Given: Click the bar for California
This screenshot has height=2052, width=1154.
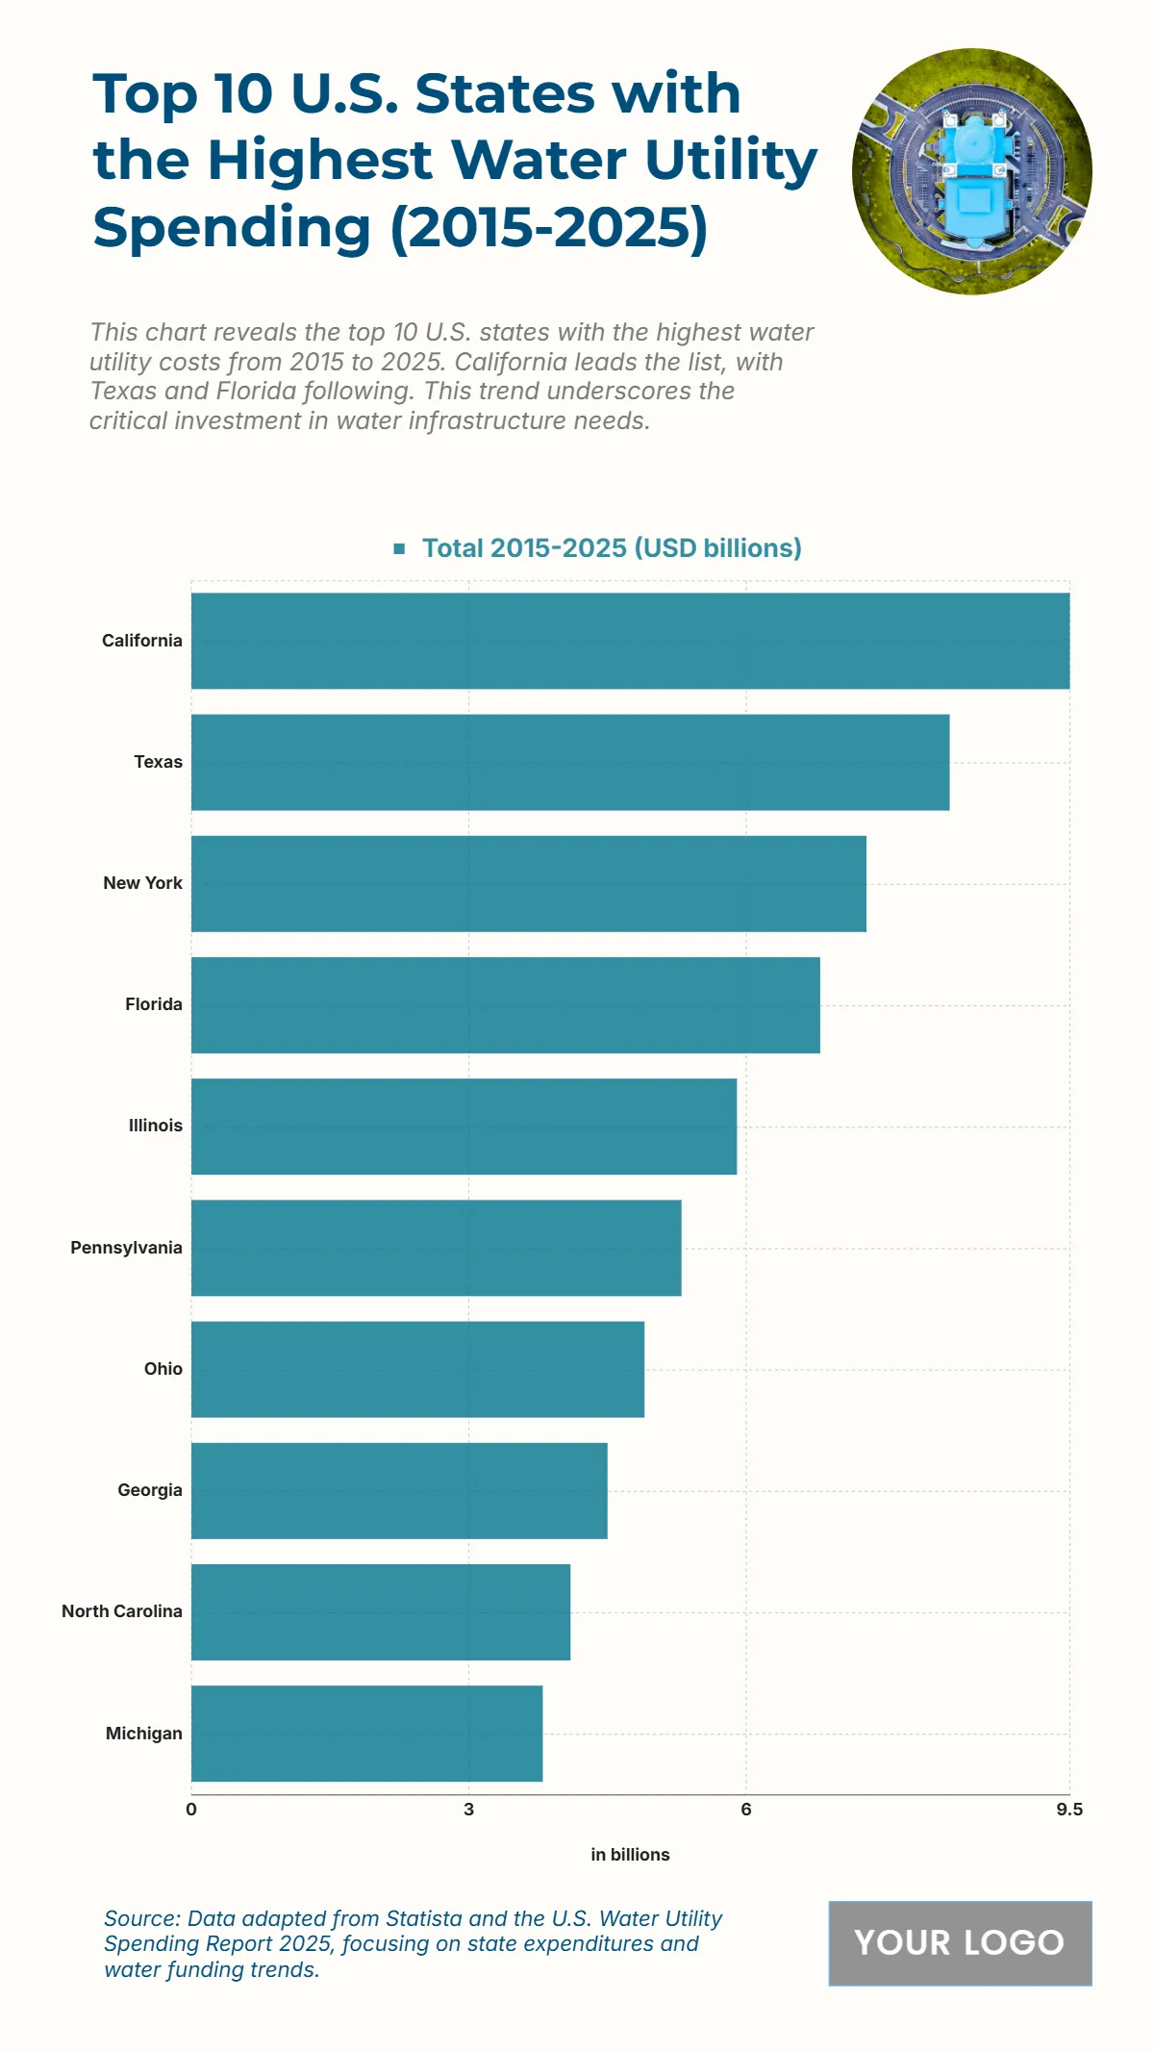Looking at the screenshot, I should point(630,641).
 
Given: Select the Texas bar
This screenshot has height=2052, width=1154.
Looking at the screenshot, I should point(570,762).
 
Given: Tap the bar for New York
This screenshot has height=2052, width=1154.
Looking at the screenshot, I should point(528,883).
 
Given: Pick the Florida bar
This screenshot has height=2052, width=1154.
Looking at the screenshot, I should point(505,1004).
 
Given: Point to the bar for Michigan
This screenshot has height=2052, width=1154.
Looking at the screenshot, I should point(366,1733).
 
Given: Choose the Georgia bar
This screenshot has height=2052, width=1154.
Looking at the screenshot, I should point(399,1490).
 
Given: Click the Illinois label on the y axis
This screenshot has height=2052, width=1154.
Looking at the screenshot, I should point(155,1126).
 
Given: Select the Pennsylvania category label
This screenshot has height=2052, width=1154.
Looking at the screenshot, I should point(126,1248).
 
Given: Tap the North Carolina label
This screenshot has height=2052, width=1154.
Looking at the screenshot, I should point(122,1611).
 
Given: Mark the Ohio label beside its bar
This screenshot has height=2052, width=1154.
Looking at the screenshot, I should point(163,1369).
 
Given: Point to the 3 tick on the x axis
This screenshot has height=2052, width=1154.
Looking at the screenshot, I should point(468,1810).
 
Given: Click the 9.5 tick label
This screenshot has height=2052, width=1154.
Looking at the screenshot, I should point(1068,1810).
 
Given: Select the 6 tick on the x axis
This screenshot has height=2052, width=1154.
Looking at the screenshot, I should point(745,1810).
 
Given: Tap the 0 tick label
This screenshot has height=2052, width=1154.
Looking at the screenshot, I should point(191,1810).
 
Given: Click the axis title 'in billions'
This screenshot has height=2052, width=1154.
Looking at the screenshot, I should point(630,1855).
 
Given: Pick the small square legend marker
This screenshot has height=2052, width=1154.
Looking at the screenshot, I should point(399,548).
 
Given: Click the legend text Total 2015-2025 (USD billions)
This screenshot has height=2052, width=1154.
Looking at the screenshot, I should point(612,548).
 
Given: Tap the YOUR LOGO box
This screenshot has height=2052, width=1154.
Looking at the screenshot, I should point(960,1943).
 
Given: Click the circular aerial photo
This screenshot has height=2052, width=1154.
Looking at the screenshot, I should point(971,171).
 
